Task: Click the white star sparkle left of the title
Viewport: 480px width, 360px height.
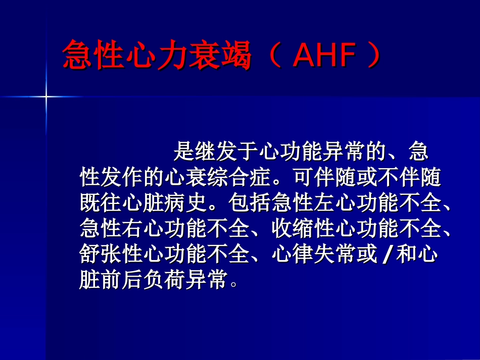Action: point(46,96)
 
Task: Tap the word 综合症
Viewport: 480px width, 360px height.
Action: point(250,177)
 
